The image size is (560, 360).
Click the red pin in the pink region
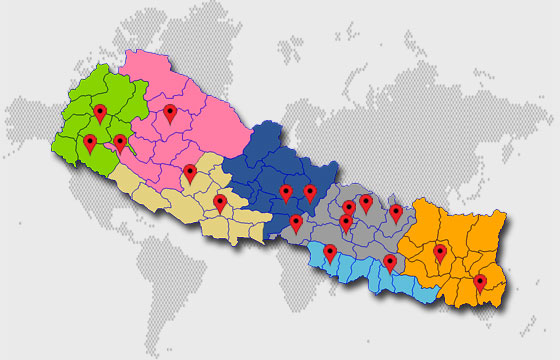pos(171,113)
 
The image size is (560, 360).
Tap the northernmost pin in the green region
pos(99,113)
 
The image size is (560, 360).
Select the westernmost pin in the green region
pos(90,143)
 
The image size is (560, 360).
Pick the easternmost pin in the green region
pos(120,143)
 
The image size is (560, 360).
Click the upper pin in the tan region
pos(190,173)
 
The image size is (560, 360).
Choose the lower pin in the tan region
pos(220,203)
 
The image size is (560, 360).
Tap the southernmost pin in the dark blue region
pos(296,222)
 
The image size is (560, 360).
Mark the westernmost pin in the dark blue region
pos(286,192)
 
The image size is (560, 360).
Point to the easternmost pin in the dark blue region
pos(310,192)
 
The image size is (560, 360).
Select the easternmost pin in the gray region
pos(396,212)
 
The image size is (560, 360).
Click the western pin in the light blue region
pos(330,253)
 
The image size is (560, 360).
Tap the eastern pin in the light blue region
pos(390,263)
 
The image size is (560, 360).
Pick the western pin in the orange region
pos(439,253)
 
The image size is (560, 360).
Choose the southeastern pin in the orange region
pos(480,283)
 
